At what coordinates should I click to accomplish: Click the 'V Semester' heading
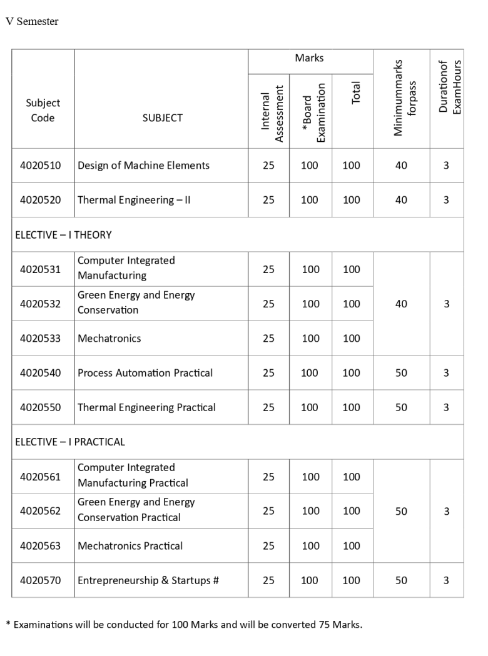[x=32, y=22]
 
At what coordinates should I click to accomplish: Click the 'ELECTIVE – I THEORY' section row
[x=63, y=235]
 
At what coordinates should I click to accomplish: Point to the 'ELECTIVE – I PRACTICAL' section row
[x=70, y=442]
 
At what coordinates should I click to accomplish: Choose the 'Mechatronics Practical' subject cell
[x=130, y=545]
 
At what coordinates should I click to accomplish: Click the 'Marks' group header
[x=310, y=58]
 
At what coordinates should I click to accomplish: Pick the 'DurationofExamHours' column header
[x=447, y=87]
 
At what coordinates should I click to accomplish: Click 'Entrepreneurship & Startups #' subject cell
[x=148, y=580]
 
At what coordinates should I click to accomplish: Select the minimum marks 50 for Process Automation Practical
[x=401, y=373]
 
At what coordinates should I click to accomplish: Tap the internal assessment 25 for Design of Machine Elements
[x=268, y=166]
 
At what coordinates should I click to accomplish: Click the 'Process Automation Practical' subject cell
[x=145, y=373]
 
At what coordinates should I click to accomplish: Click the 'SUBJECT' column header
[x=161, y=117]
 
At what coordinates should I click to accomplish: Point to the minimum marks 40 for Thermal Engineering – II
[x=401, y=200]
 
